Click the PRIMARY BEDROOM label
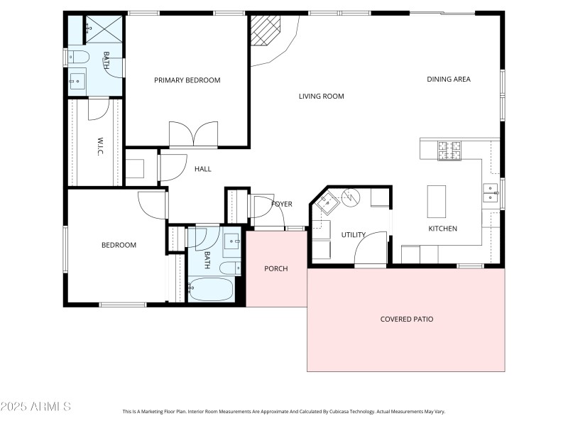pyautogui.click(x=187, y=80)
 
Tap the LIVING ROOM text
pyautogui.click(x=321, y=96)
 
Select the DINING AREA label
pyautogui.click(x=448, y=79)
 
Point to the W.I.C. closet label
pyautogui.click(x=101, y=147)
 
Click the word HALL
pyautogui.click(x=203, y=169)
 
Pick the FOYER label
pyautogui.click(x=282, y=204)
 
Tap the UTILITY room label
pyautogui.click(x=353, y=234)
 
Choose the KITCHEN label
pyautogui.click(x=442, y=229)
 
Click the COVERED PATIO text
pyautogui.click(x=406, y=319)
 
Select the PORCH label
pyautogui.click(x=275, y=268)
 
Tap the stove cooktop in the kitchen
pyautogui.click(x=449, y=151)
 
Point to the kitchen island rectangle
pyautogui.click(x=436, y=202)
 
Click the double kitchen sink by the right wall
pyautogui.click(x=491, y=192)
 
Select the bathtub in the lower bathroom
pyautogui.click(x=211, y=290)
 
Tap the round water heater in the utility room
pyautogui.click(x=351, y=197)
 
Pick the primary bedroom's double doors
pyautogui.click(x=193, y=134)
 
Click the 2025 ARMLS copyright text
pyautogui.click(x=35, y=407)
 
